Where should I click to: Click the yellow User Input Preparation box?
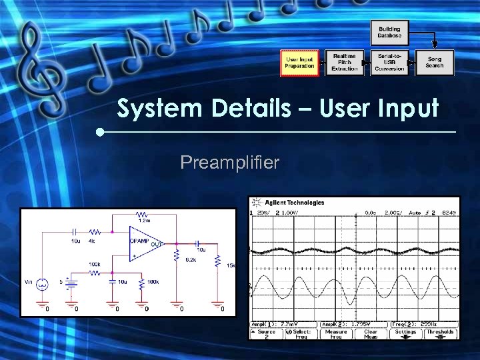tap(299, 63)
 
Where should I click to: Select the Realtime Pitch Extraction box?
tap(345, 63)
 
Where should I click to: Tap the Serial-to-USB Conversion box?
tap(390, 63)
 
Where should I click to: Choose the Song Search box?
tap(435, 63)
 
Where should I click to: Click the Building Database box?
tap(389, 32)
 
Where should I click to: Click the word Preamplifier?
tap(230, 162)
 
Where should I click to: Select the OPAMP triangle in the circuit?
tap(144, 243)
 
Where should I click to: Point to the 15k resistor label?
tap(231, 265)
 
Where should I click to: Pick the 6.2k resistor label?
tap(191, 260)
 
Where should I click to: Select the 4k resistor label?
tap(91, 241)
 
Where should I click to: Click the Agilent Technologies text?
tap(294, 203)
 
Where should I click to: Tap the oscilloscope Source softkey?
tap(267, 333)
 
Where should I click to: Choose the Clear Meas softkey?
tap(371, 333)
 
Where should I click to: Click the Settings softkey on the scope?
tap(405, 333)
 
